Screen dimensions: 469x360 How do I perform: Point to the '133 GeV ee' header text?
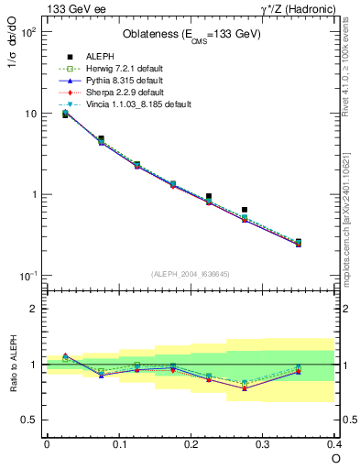click(x=72, y=9)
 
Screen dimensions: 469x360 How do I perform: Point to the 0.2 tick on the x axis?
click(x=191, y=443)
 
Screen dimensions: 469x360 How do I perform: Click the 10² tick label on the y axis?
click(x=27, y=32)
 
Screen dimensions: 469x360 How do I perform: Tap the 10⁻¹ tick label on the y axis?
click(x=27, y=276)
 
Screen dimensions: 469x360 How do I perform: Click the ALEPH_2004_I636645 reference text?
click(x=191, y=274)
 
